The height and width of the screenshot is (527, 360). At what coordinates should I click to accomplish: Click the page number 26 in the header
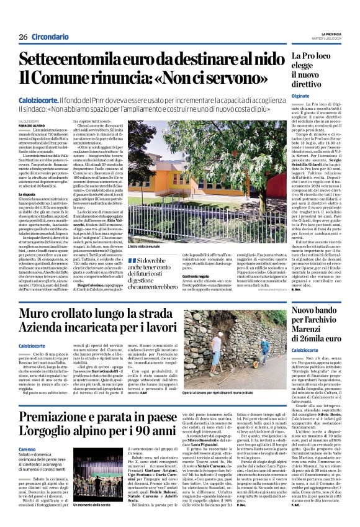point(22,36)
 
